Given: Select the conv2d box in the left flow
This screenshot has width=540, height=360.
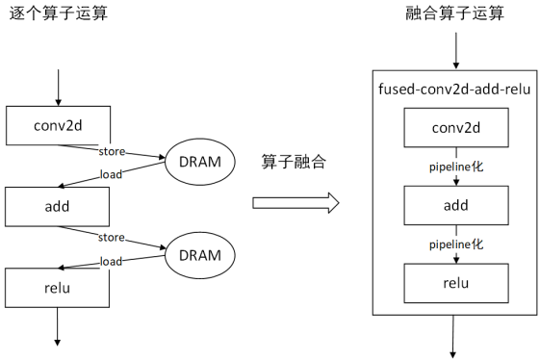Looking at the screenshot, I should click(x=59, y=125).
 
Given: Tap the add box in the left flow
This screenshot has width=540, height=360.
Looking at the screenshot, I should click(x=59, y=205).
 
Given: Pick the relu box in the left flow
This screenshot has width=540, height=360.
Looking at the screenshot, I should click(x=59, y=286).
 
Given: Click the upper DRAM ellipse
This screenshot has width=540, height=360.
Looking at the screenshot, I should click(x=200, y=161).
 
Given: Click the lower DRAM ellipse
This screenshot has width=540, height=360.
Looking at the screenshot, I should click(x=200, y=255).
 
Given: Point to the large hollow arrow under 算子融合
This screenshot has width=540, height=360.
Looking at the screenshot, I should click(x=296, y=203).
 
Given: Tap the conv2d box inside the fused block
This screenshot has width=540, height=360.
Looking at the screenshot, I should click(x=455, y=128).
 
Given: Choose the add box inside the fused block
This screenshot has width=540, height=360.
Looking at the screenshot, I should click(x=455, y=205).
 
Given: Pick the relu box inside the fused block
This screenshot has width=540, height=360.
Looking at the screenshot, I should click(x=455, y=282).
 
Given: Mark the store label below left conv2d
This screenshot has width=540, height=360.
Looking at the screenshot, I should click(x=113, y=150).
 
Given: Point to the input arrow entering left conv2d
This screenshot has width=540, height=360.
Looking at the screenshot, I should click(x=59, y=88).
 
